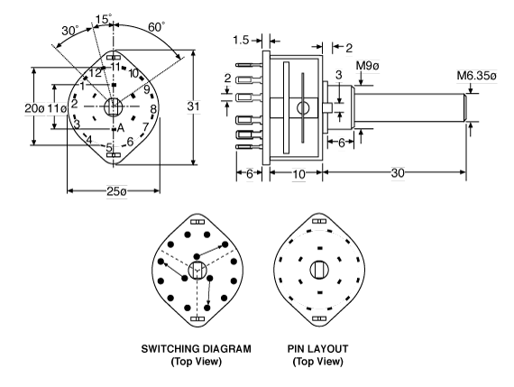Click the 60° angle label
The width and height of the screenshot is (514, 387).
point(156,27)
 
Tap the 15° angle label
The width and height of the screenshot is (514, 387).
point(104,19)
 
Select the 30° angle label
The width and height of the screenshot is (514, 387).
point(69,31)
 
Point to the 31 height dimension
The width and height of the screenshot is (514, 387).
point(193,106)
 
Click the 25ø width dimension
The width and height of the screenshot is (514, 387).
point(116,191)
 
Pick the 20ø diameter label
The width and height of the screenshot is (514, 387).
point(34,108)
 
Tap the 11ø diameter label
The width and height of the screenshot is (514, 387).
point(57,108)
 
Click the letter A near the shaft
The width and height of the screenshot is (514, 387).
point(121,128)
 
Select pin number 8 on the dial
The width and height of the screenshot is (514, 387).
point(153,109)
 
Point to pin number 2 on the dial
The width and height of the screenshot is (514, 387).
point(75,104)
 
